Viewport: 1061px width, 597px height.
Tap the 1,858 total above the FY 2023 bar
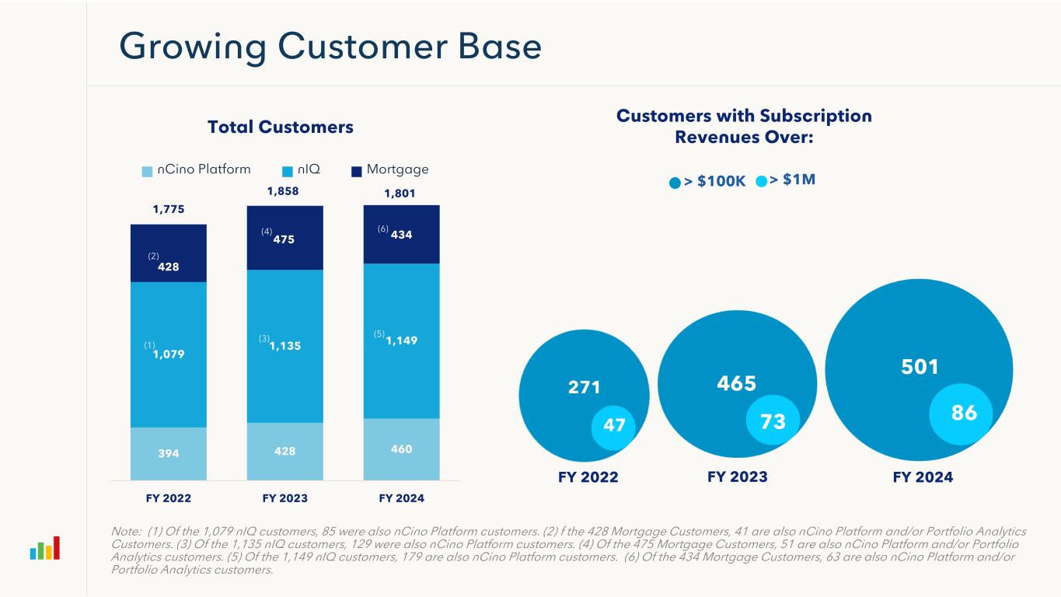pos(284,190)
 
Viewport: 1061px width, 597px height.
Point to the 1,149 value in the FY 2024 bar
pos(401,340)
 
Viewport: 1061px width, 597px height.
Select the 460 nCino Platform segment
pos(401,449)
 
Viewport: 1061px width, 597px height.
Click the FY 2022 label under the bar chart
pos(168,497)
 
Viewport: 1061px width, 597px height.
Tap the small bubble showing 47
pos(614,425)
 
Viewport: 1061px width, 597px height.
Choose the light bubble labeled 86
pos(964,414)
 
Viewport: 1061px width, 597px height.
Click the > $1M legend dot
pos(762,181)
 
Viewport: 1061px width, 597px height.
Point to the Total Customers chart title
pos(281,127)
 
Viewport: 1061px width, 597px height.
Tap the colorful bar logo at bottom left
pos(44,549)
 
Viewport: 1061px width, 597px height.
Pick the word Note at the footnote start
pos(127,531)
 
